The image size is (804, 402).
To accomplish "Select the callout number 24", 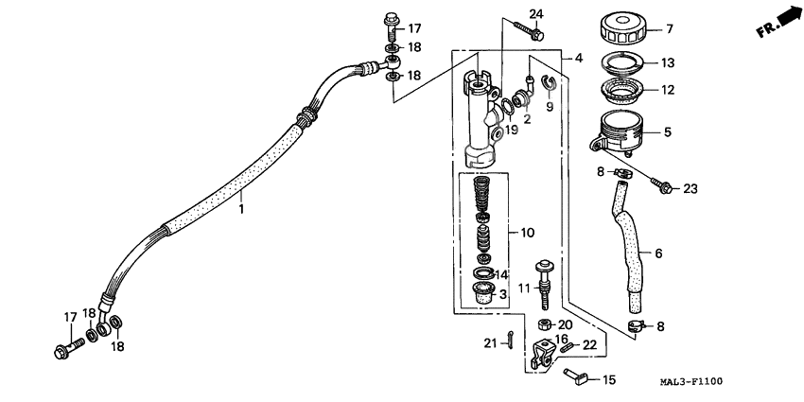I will pos(536,13).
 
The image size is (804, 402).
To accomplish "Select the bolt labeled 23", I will pos(663,186).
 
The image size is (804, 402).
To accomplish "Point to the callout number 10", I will pos(528,232).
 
